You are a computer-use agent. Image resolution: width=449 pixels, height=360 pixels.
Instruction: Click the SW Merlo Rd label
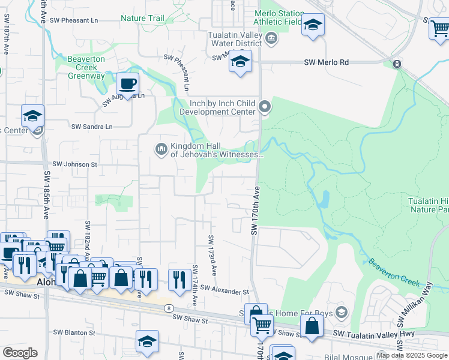click(x=327, y=62)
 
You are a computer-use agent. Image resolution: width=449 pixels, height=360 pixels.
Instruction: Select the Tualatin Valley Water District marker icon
click(x=271, y=39)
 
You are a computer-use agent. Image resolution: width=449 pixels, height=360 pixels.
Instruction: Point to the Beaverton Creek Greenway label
click(x=86, y=68)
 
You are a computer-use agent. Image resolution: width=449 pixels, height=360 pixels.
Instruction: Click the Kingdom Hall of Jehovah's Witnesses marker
click(x=161, y=148)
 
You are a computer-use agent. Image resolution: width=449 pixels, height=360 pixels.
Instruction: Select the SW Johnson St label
click(x=75, y=164)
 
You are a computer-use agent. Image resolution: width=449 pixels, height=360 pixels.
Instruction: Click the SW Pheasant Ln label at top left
click(x=75, y=20)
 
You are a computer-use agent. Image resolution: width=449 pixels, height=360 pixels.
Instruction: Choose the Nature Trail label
click(x=142, y=19)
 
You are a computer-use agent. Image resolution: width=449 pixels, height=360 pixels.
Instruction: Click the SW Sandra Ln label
click(x=92, y=127)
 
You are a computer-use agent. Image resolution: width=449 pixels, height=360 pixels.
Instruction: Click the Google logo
click(x=20, y=353)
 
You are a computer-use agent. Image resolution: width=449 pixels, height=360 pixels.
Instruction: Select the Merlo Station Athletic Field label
click(x=278, y=17)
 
